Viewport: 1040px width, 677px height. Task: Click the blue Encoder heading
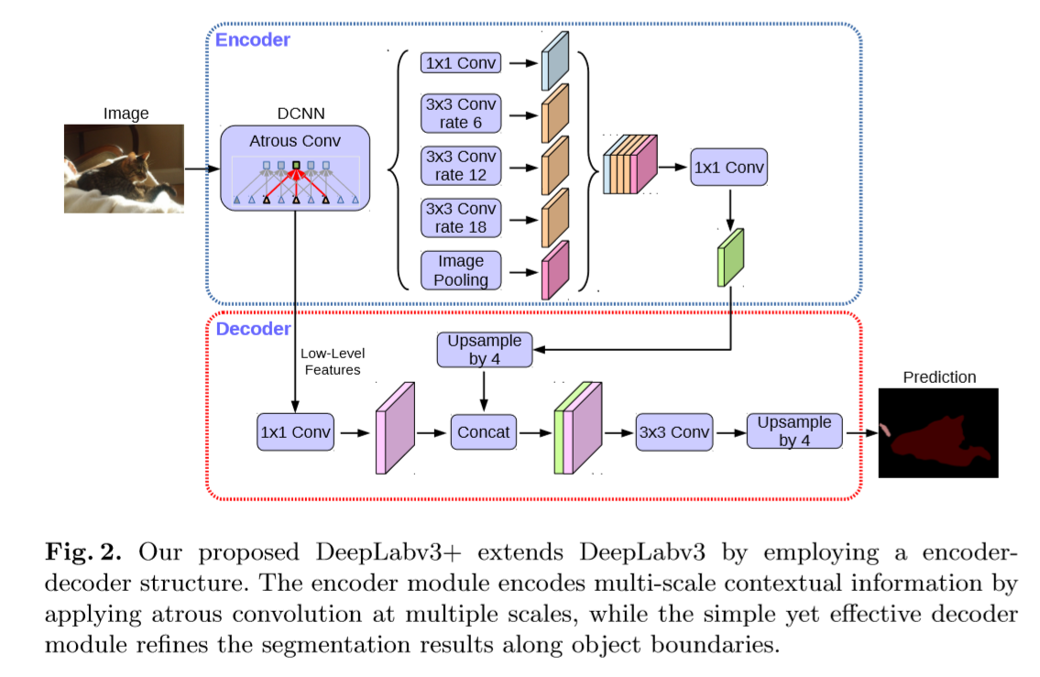(x=253, y=39)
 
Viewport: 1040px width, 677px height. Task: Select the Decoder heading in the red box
(x=253, y=329)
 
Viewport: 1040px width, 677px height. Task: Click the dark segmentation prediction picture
(x=938, y=432)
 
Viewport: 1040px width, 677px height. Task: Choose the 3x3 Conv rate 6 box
(x=460, y=114)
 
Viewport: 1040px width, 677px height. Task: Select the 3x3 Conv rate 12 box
(x=460, y=166)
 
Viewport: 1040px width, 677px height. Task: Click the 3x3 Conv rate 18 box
(x=460, y=218)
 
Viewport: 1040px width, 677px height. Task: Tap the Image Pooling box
(x=460, y=270)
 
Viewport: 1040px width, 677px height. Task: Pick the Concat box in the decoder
(x=484, y=431)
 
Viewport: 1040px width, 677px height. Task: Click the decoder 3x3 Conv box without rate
(x=673, y=431)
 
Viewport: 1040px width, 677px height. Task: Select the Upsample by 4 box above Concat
(x=484, y=350)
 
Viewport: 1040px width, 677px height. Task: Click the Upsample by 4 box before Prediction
(x=794, y=431)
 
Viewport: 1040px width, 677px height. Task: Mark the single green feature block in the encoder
(x=731, y=257)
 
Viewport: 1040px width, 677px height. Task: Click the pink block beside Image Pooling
(x=554, y=270)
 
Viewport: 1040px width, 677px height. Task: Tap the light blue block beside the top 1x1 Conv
(x=555, y=61)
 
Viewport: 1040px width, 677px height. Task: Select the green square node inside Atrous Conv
(x=296, y=166)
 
